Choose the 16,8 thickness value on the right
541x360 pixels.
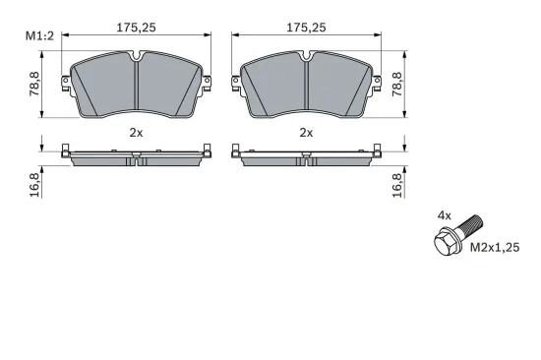tap(398, 183)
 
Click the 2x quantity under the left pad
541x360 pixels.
tap(136, 132)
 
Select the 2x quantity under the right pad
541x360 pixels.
tap(306, 132)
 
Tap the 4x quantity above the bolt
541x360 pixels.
tap(445, 213)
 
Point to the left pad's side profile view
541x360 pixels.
tap(136, 156)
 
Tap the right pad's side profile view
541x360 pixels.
tap(306, 156)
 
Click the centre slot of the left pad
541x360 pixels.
tap(136, 84)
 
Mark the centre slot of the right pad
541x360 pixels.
tap(306, 84)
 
